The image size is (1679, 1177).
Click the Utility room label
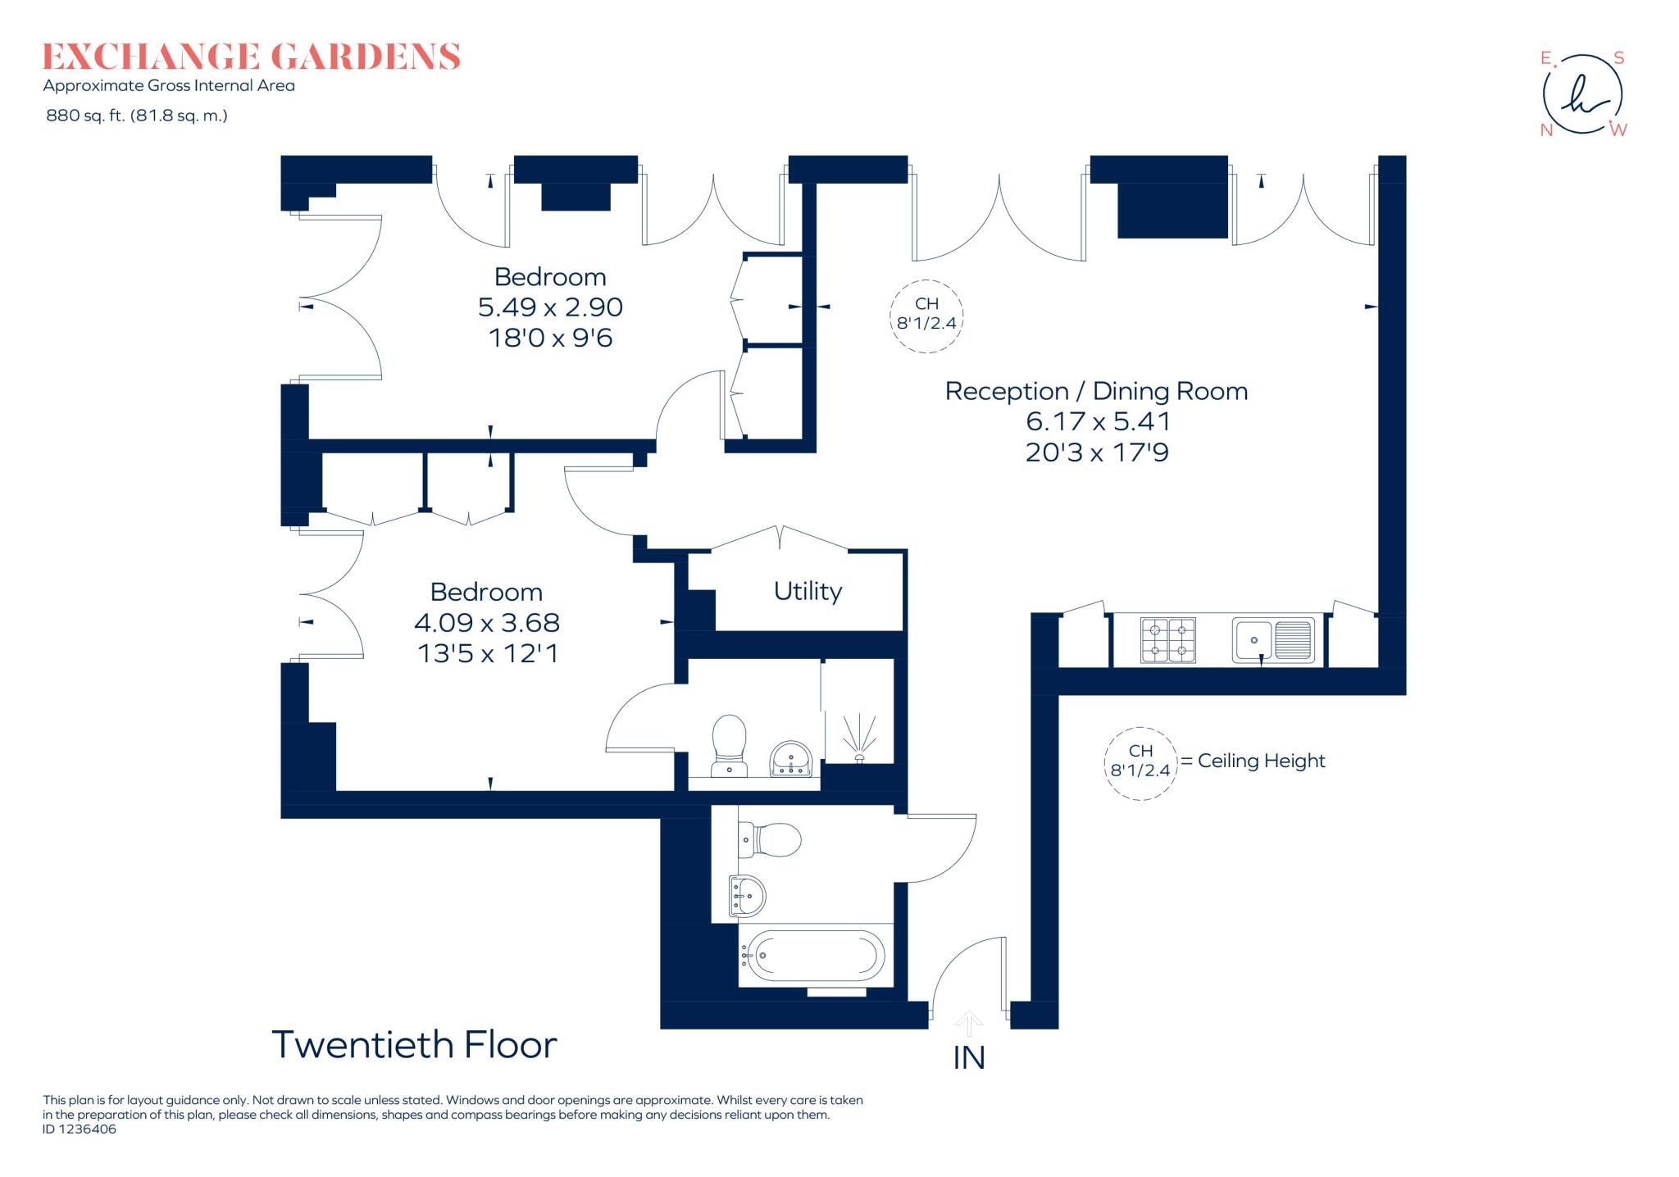(808, 591)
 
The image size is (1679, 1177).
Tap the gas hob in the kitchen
(1167, 640)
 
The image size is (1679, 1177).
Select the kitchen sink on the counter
(1273, 640)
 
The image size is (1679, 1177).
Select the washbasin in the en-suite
(790, 758)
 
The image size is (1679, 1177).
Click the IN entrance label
(968, 1058)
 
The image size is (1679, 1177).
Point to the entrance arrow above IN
(969, 1023)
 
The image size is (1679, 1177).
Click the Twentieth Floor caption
(414, 1045)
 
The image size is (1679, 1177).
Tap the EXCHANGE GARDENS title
(251, 57)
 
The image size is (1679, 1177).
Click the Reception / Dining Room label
(1096, 391)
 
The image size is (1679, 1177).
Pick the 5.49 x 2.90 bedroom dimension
(550, 307)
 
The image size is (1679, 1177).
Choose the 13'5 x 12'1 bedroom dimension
(487, 653)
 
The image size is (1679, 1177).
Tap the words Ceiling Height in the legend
(1261, 761)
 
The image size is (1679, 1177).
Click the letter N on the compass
(1546, 130)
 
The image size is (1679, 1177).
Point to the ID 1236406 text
(80, 1129)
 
